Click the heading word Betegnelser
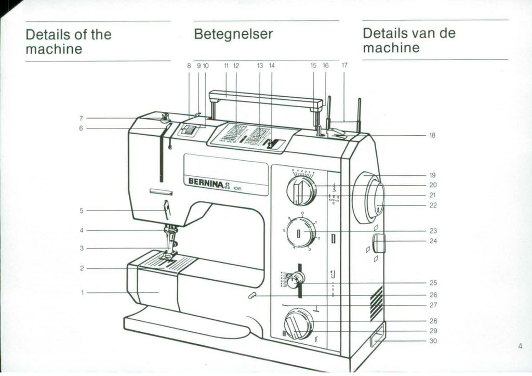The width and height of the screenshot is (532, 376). (233, 34)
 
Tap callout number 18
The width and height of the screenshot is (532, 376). (432, 135)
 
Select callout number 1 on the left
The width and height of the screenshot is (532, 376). (82, 293)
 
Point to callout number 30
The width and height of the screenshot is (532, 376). (433, 341)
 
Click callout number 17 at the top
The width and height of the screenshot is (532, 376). (344, 66)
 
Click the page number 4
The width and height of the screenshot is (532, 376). (520, 346)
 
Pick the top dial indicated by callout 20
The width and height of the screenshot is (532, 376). (301, 190)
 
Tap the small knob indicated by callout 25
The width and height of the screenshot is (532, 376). (294, 281)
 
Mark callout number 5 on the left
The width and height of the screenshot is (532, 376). (82, 211)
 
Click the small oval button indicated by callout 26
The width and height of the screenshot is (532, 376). (252, 296)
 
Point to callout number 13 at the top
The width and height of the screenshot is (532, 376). (260, 66)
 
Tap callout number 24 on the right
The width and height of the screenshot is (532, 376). (433, 241)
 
